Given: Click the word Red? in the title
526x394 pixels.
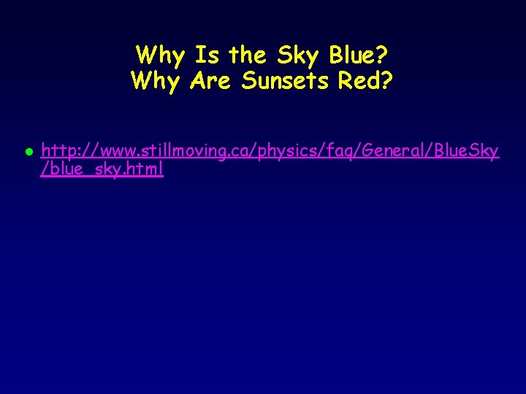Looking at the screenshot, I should (366, 81).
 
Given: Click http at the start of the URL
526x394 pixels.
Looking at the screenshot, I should (58, 151).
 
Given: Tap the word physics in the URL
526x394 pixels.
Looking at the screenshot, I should (266, 152).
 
